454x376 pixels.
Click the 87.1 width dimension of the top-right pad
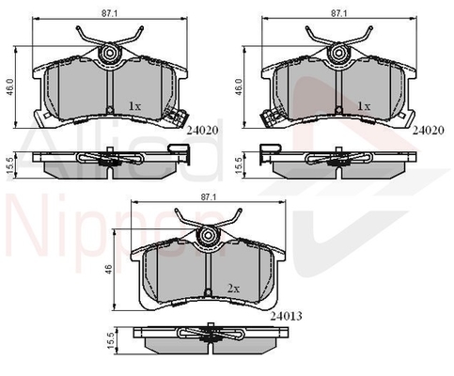pos(338,13)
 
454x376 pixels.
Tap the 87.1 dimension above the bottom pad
pos(209,197)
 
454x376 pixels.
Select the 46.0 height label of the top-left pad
pos(10,87)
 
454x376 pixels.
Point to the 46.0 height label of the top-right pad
pos(239,87)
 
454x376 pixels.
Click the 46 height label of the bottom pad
pos(109,269)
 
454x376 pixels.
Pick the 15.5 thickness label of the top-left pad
pos(10,166)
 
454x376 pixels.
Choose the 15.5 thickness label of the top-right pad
pos(239,166)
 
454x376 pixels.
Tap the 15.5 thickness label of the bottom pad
pos(111,341)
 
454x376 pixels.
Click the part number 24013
pos(287,317)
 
